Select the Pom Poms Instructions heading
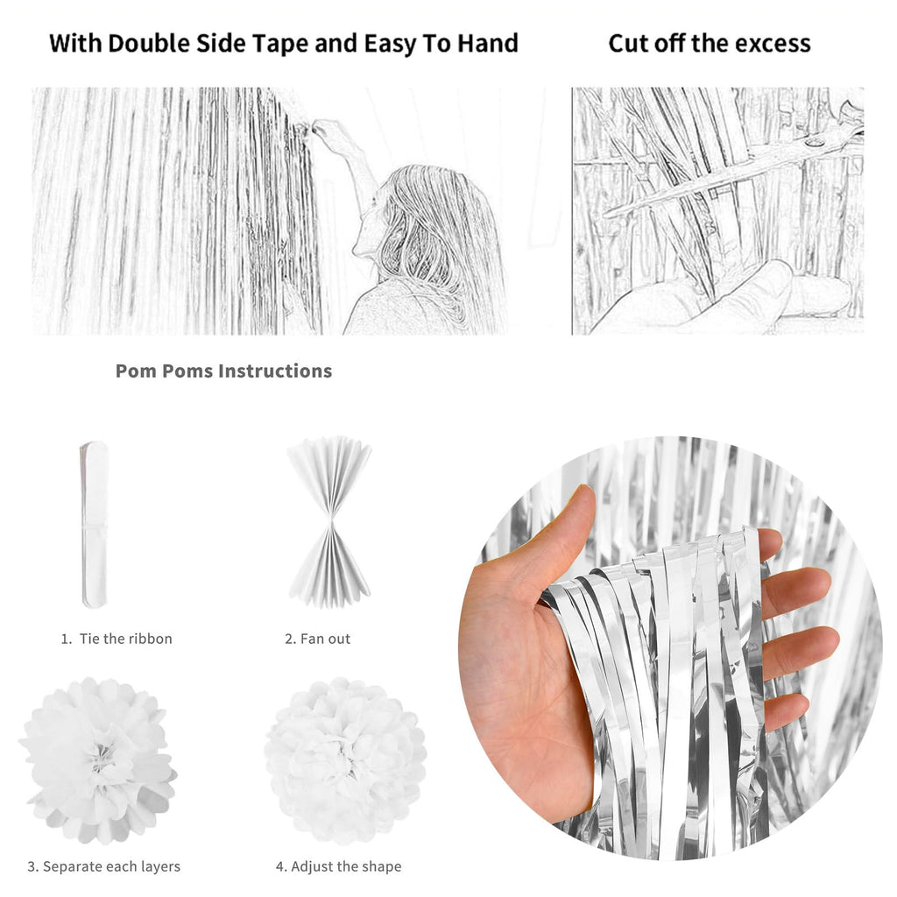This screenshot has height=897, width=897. pyautogui.click(x=223, y=371)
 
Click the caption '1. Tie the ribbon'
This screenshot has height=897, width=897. pyautogui.click(x=117, y=639)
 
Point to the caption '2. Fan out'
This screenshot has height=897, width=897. pyautogui.click(x=317, y=639)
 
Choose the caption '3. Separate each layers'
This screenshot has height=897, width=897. pyautogui.click(x=104, y=866)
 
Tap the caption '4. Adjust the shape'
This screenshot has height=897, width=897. pyautogui.click(x=339, y=866)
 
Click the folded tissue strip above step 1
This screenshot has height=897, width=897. pyautogui.click(x=94, y=524)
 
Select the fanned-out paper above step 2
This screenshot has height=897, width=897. pyautogui.click(x=329, y=522)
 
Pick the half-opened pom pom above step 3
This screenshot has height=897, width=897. pyautogui.click(x=98, y=761)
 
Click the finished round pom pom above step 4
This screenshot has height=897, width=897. pyautogui.click(x=345, y=761)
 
